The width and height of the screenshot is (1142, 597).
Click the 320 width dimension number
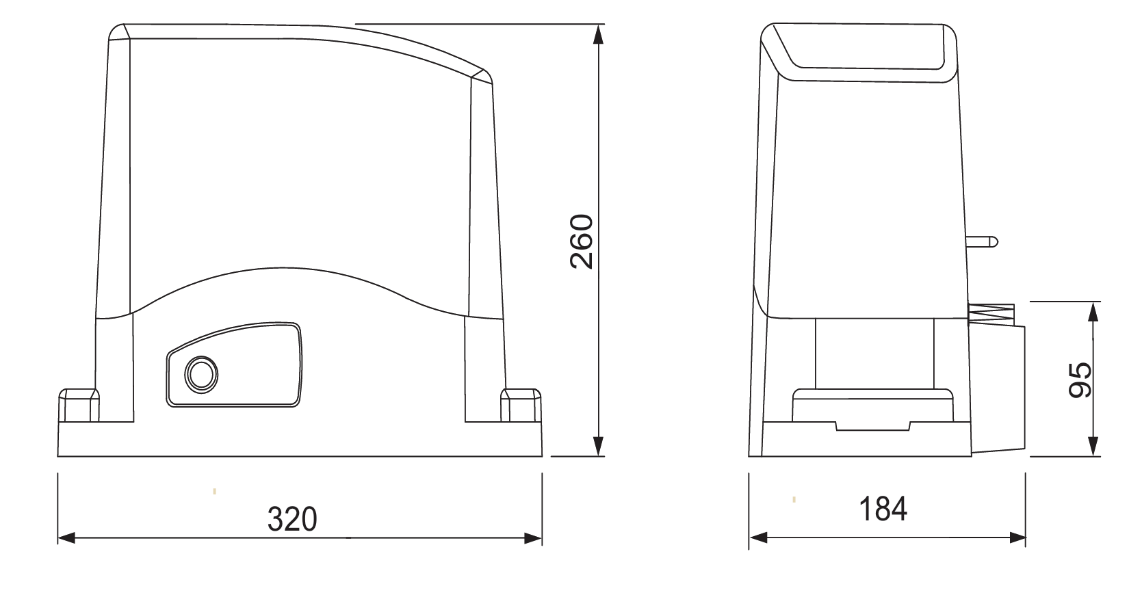292,519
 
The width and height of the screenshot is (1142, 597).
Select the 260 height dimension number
582,241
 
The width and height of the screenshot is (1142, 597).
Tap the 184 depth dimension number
883,509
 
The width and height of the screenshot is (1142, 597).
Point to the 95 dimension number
1080,380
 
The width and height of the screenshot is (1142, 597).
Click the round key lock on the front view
201,374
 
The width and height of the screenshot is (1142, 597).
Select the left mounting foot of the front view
79,406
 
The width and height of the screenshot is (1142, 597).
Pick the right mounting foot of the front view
521,406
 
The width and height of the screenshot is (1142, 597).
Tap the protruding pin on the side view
981,241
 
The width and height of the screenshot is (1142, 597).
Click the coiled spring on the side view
991,312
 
